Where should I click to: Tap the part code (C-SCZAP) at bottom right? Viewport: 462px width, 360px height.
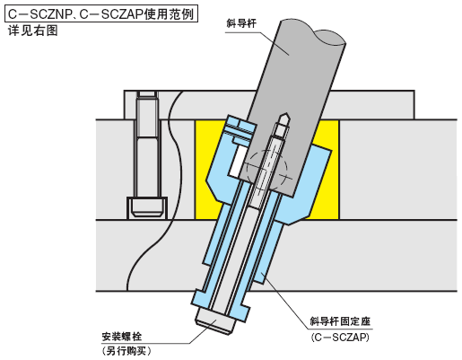pyautogui.click(x=340, y=338)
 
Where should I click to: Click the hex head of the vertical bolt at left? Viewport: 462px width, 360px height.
pyautogui.click(x=146, y=208)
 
